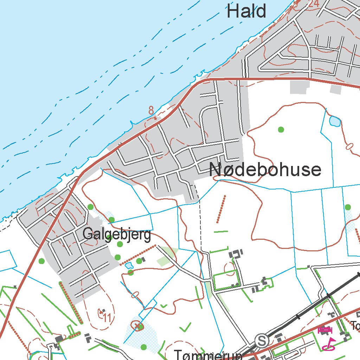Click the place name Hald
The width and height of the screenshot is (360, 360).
pos(246,11)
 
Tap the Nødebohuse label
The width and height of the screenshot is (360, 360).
pos(265,170)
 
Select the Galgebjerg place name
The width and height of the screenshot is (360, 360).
pos(117,234)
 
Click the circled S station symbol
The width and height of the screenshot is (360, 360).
pos(261,340)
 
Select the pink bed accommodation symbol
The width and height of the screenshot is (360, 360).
pos(325,330)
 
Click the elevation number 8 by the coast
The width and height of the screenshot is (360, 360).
pos(151,110)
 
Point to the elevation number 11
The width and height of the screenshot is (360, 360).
pos(107,318)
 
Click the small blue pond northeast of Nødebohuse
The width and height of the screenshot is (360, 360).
pos(334,122)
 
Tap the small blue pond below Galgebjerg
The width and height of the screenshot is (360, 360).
pos(129,265)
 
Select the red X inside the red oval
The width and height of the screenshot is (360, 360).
pos(137,326)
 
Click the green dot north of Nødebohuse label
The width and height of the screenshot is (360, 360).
pos(281,129)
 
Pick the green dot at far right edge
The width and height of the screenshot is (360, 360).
pos(348,207)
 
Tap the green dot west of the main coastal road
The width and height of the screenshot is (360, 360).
pos(42,261)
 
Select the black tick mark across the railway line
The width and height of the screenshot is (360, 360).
pos(328,296)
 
